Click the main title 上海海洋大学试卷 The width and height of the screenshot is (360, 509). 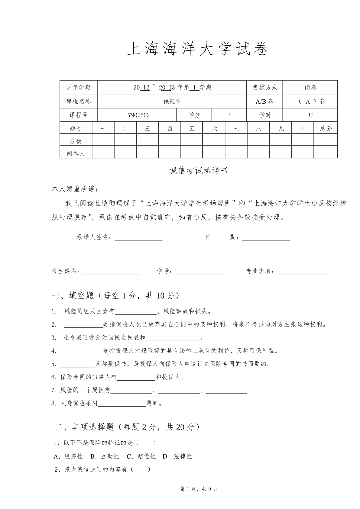coord(198,49)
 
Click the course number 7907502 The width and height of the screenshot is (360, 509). coord(139,115)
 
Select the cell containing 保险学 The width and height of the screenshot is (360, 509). coord(172,101)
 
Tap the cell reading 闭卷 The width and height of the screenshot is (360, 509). coord(310,88)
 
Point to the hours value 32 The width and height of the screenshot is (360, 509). coord(310,115)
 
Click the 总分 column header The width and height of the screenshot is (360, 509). coord(326,129)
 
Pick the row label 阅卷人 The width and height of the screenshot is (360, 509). coord(76,153)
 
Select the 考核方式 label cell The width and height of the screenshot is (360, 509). coord(265,88)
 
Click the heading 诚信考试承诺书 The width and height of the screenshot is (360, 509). coord(198,171)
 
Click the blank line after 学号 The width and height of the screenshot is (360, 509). coord(201,271)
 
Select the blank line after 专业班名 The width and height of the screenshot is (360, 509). coord(302,271)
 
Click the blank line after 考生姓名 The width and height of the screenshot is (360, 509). coord(112,271)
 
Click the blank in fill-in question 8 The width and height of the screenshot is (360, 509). coord(122,403)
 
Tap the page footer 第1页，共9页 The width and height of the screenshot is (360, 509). coord(199,489)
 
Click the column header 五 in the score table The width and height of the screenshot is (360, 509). coord(192,129)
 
